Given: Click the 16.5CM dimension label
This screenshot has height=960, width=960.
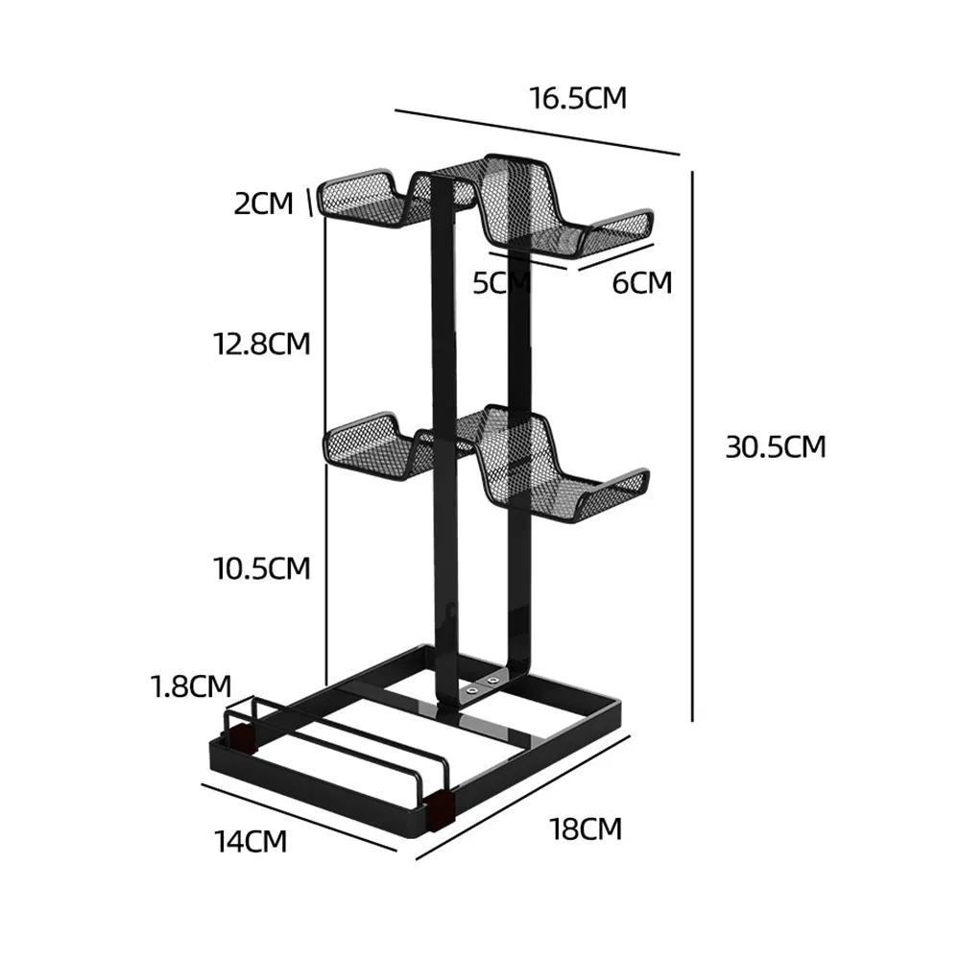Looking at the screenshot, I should (x=577, y=97).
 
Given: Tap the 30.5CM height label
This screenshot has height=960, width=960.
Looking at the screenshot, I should (x=775, y=446).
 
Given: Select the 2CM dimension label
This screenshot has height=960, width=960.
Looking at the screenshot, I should (x=263, y=204).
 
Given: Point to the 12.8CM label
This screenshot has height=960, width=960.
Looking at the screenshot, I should (x=261, y=343).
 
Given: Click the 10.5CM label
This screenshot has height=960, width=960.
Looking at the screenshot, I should (x=261, y=567).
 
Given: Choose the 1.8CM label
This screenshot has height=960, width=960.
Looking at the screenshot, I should (x=190, y=686).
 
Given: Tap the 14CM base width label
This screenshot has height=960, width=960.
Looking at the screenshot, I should (x=250, y=841).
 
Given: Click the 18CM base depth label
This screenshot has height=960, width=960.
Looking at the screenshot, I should (x=586, y=828).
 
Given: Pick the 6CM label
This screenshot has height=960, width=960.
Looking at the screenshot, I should (x=641, y=282).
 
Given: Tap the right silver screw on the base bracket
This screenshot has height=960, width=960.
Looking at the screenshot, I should (x=493, y=680).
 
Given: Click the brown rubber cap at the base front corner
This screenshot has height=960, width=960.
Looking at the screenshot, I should (x=441, y=809).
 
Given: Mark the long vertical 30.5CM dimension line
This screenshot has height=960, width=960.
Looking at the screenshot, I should (x=693, y=446).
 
